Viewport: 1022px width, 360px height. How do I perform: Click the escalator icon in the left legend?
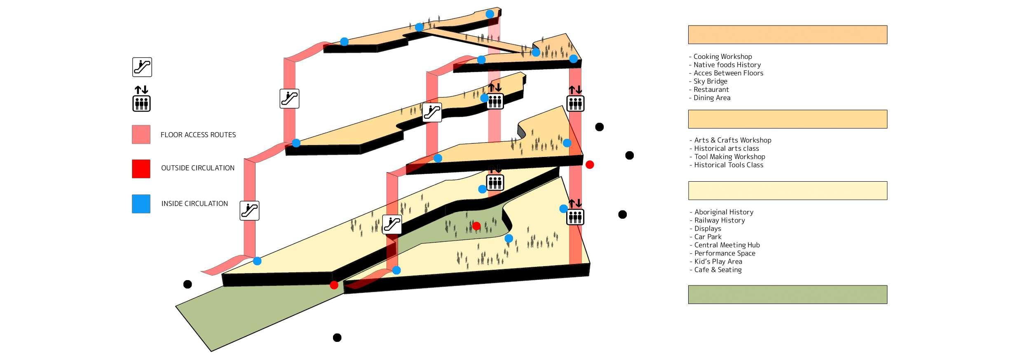point(142,67)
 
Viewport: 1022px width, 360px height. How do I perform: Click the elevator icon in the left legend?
point(141,99)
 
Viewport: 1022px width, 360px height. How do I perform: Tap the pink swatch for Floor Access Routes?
point(141,135)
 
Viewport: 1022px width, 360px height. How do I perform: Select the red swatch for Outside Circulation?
point(141,169)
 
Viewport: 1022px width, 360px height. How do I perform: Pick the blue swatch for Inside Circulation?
point(141,204)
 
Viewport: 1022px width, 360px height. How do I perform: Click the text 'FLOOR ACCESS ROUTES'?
point(198,135)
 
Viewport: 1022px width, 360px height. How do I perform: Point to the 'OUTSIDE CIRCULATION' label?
point(198,168)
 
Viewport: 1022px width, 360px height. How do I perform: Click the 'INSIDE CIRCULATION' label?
point(195,203)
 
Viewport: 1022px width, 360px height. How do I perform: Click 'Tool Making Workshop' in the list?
point(729,157)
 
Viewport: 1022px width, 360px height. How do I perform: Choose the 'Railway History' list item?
point(720,220)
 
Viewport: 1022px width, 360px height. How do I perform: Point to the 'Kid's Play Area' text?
point(718,262)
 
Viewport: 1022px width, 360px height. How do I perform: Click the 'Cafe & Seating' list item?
point(718,270)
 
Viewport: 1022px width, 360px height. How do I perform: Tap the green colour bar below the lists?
point(788,295)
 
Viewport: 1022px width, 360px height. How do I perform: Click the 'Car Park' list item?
point(708,237)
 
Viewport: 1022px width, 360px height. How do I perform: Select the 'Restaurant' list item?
point(711,89)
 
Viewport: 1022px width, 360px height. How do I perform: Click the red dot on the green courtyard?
point(476,226)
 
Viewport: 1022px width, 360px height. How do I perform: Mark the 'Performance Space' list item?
point(724,253)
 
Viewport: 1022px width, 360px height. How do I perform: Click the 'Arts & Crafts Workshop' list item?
point(732,140)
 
